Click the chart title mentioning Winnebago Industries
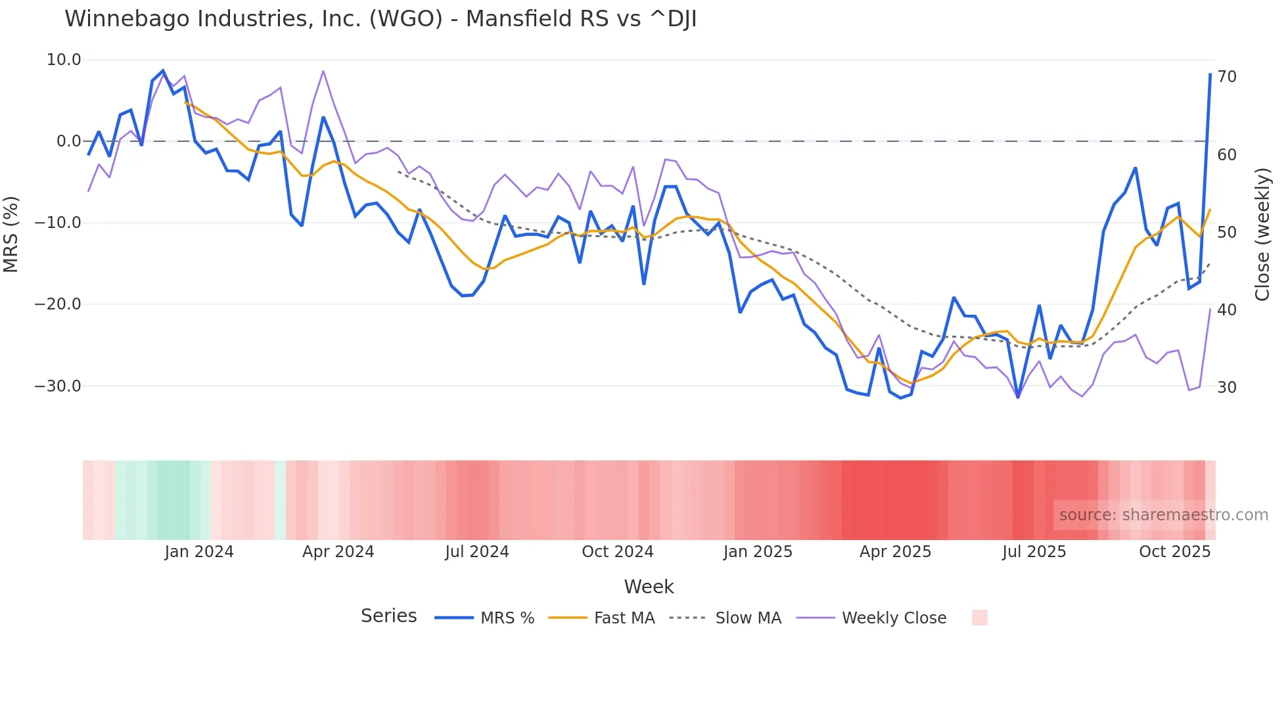[x=380, y=19]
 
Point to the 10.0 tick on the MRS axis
[x=64, y=60]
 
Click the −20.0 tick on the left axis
[x=58, y=304]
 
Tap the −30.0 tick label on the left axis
[x=58, y=386]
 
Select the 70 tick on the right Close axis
[x=1227, y=77]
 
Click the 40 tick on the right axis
[x=1227, y=309]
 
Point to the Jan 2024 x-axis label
[x=199, y=551]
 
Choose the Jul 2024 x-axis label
[x=477, y=551]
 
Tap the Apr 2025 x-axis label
[x=895, y=551]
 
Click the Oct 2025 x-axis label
[x=1174, y=551]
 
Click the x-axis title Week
[x=649, y=587]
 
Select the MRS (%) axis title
[x=11, y=234]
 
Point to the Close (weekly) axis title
[x=1262, y=234]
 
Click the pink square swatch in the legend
[x=979, y=618]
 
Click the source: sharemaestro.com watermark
[x=1163, y=515]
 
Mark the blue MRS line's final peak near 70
[x=1210, y=74]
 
